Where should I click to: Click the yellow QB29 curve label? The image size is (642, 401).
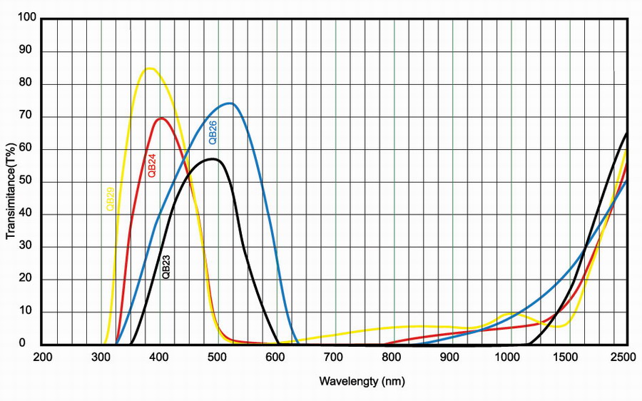pos(110,198)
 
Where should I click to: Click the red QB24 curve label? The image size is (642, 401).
pos(151,165)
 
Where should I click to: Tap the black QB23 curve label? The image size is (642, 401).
pos(166,265)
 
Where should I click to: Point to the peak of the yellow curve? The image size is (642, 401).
pos(150,68)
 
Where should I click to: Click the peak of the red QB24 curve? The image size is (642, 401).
pos(161,118)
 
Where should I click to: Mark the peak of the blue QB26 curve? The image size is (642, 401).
pos(230,103)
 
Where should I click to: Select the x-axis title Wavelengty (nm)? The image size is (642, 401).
pos(362,381)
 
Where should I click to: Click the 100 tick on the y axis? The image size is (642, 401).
pos(27,19)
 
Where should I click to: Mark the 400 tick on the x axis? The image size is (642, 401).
pos(160,357)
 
